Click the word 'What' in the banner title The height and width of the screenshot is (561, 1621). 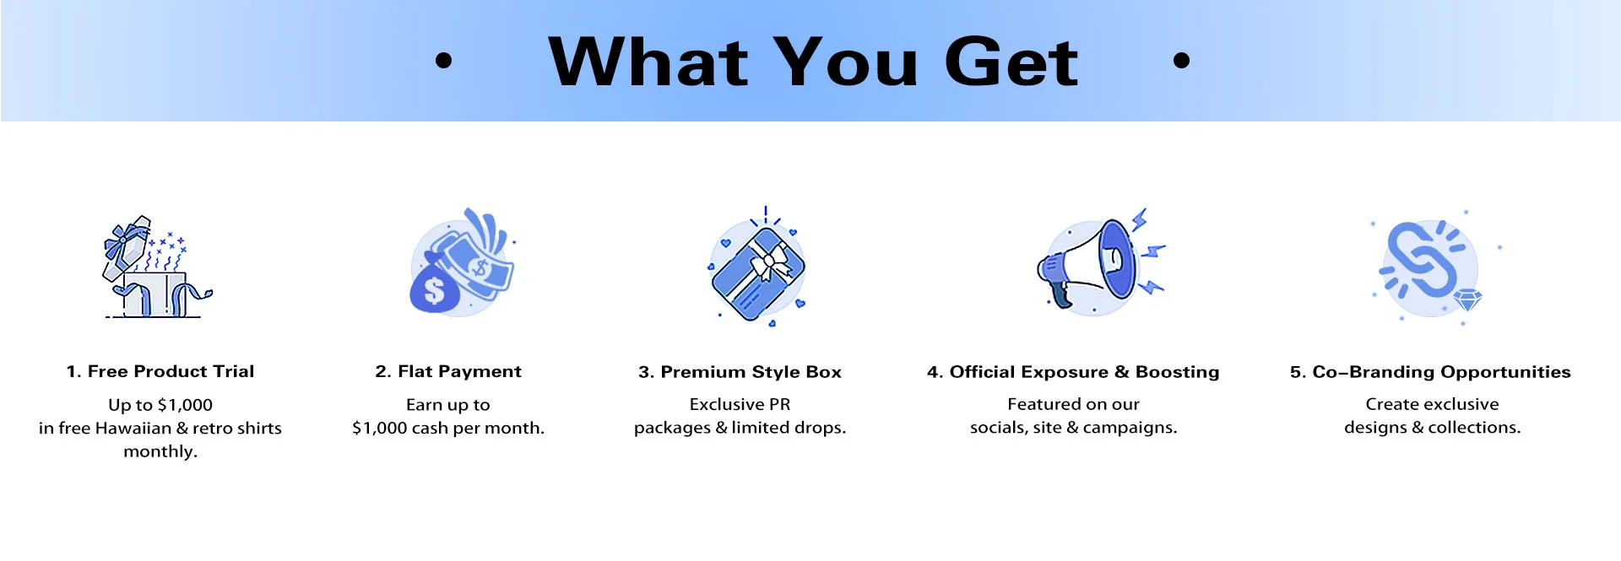648,62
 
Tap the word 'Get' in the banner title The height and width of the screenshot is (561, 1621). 1011,62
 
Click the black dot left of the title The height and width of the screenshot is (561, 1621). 443,60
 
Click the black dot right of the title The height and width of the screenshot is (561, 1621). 1181,60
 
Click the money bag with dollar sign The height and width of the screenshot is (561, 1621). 434,284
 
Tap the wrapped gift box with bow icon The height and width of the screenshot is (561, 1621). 758,271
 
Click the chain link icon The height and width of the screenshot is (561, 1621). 1423,260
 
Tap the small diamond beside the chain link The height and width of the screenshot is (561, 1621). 1469,299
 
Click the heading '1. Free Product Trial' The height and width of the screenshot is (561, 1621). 160,371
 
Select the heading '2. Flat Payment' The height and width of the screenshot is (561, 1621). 448,371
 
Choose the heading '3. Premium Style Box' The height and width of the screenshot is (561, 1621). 740,372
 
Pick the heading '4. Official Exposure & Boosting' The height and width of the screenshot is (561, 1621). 1073,372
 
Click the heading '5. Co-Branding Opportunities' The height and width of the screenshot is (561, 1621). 1430,372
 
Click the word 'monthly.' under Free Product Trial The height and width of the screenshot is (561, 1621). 160,451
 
